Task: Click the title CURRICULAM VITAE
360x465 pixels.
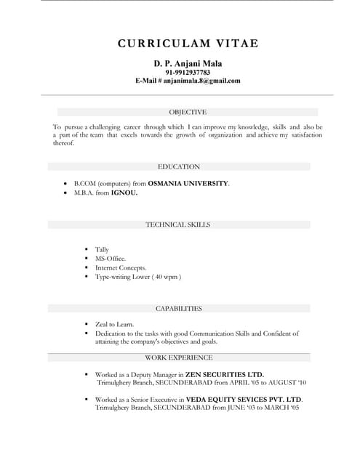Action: click(188, 44)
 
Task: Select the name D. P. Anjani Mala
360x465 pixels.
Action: click(188, 63)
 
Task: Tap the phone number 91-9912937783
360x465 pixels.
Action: click(188, 73)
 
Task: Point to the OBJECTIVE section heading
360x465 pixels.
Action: click(188, 112)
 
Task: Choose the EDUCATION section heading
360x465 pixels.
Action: click(179, 166)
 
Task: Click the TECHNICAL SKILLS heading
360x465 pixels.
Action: click(178, 225)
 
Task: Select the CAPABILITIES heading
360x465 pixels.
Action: click(179, 309)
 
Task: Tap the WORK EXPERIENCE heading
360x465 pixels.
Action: click(179, 357)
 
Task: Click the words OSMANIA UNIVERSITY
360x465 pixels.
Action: click(189, 184)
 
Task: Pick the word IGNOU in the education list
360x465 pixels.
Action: click(124, 194)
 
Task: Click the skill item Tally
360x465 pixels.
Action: click(103, 249)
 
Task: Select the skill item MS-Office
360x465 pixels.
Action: click(111, 259)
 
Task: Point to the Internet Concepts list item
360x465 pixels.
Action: click(121, 267)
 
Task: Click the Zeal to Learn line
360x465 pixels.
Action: click(115, 324)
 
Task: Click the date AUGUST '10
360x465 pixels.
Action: click(286, 382)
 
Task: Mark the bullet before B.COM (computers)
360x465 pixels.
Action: click(65, 184)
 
